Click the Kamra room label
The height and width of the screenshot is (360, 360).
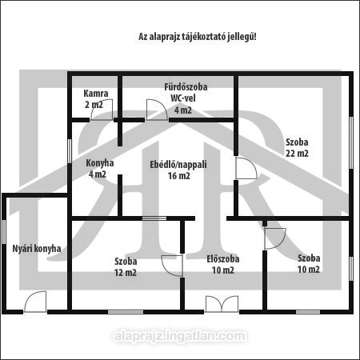click(96, 99)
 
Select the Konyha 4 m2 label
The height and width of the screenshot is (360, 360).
click(99, 169)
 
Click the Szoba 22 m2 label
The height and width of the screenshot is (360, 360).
click(297, 147)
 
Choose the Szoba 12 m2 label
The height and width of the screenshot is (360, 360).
click(126, 266)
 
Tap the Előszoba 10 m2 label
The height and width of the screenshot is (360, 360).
click(223, 265)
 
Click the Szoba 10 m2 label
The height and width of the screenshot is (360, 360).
click(309, 264)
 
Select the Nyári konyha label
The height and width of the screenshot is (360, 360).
click(37, 249)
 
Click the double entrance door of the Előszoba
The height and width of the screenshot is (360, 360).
click(222, 304)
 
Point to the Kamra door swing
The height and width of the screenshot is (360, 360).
click(102, 110)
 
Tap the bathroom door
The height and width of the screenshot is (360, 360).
click(157, 110)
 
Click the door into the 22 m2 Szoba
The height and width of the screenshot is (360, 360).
click(246, 168)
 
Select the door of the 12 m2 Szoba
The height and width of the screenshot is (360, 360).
click(172, 266)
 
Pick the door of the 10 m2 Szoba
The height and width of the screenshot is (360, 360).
click(275, 238)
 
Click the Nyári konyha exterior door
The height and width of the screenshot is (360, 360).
click(35, 302)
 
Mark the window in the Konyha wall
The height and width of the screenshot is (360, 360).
click(70, 151)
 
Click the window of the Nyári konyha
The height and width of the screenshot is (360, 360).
click(4, 232)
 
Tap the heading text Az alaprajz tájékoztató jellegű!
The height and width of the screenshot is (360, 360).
click(198, 37)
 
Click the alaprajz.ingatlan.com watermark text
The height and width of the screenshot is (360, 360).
click(180, 336)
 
